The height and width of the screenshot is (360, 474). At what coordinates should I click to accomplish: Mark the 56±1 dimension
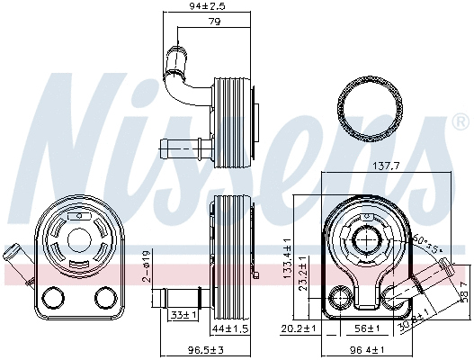click(364, 328)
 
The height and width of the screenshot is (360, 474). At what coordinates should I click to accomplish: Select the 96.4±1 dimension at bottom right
click(367, 350)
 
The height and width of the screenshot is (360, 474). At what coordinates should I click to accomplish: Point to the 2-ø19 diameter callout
click(148, 267)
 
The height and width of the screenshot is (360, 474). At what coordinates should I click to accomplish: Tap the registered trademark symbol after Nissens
click(460, 121)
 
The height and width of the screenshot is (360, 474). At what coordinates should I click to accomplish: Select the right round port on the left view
click(105, 297)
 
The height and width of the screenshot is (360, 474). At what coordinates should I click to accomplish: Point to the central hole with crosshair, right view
click(366, 241)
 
